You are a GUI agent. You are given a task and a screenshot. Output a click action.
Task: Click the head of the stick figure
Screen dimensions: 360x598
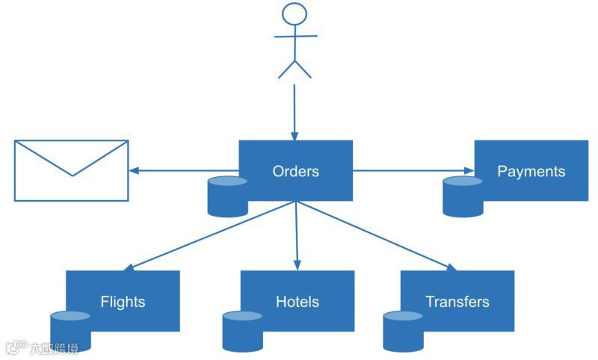click(x=295, y=16)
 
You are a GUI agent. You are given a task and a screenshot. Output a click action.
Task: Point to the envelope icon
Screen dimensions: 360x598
click(x=72, y=170)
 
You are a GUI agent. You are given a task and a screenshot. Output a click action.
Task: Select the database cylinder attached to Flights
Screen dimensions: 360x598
click(x=70, y=331)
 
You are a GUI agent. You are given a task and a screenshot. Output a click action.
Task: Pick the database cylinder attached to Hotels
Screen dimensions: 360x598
click(x=242, y=331)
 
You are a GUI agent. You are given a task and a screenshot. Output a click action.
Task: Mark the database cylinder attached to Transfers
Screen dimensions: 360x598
click(x=403, y=331)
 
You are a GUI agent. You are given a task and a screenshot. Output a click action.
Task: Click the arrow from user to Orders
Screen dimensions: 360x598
click(x=295, y=112)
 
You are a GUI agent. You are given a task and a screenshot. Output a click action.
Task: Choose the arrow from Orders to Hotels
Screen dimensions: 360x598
click(x=297, y=235)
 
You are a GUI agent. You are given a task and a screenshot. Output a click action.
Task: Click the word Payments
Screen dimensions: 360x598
click(x=531, y=171)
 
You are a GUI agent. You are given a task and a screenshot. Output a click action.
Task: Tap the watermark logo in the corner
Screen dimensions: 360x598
click(x=41, y=348)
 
